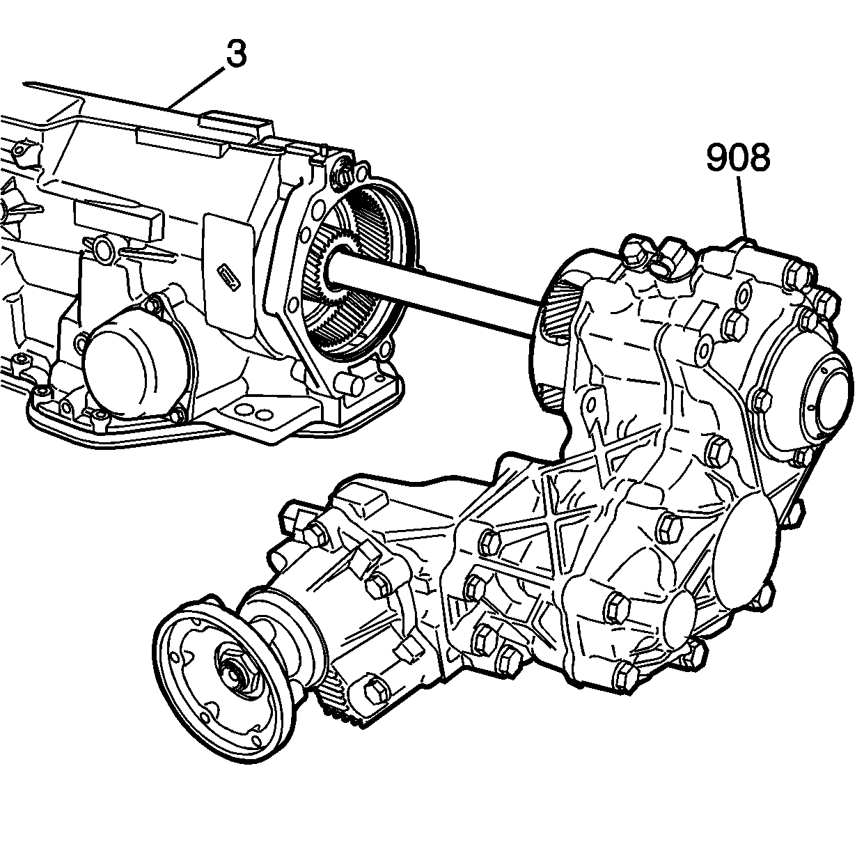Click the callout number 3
(236, 54)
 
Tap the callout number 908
(738, 159)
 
